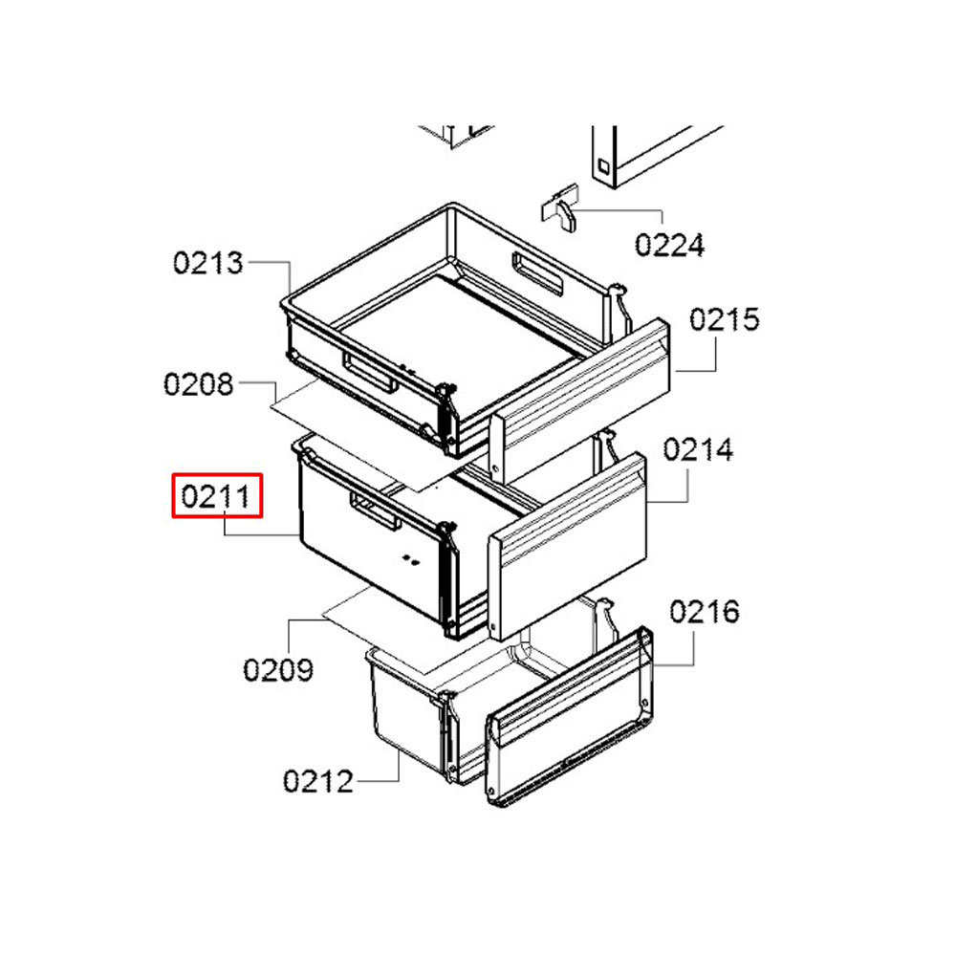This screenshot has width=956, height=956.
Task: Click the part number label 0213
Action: click(207, 263)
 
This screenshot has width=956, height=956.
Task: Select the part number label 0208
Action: click(199, 384)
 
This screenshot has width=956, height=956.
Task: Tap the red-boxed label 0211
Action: click(217, 495)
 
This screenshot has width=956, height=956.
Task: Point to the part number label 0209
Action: click(278, 670)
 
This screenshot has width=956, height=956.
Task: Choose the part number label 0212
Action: click(318, 782)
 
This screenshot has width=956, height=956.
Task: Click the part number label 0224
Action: click(669, 245)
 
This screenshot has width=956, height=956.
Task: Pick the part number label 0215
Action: click(725, 319)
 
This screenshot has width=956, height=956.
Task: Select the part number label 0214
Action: click(698, 450)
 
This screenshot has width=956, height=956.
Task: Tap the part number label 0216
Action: click(705, 612)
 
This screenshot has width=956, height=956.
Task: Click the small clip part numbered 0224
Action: click(559, 208)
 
